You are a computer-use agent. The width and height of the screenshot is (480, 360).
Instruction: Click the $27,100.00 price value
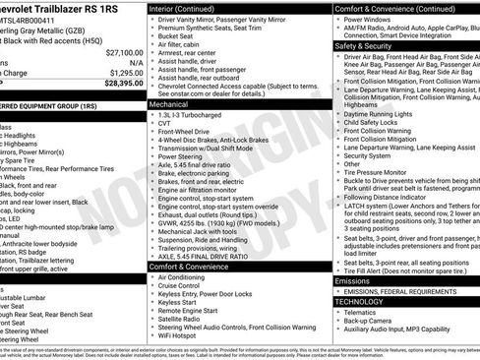[x=124, y=52]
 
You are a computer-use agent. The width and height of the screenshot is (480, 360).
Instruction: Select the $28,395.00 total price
[x=124, y=84]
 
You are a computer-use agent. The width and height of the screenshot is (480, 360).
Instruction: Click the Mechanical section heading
[x=171, y=101]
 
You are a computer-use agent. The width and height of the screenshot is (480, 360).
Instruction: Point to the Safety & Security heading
[x=369, y=45]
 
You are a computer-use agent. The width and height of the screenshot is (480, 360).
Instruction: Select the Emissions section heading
[x=355, y=280]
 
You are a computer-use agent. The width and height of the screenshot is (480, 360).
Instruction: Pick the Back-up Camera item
[x=375, y=322]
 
